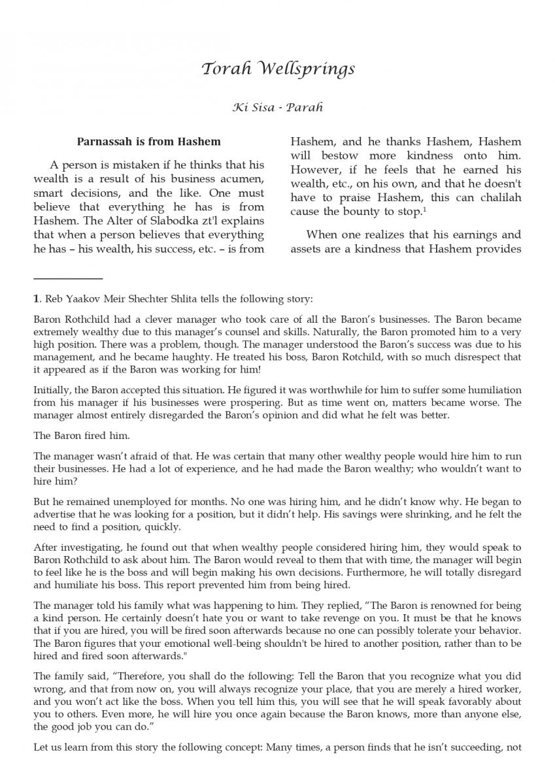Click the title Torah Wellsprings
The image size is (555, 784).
pos(277,69)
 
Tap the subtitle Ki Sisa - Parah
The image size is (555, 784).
pos(277,107)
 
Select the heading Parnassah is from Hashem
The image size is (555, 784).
pos(149,141)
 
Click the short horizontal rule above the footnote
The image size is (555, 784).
pos(68,279)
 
